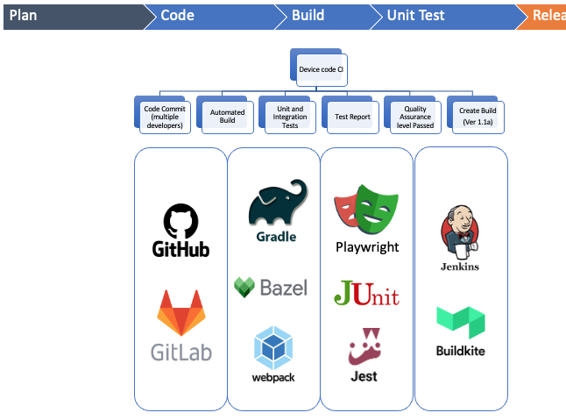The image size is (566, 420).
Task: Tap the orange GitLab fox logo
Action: pyautogui.click(x=180, y=312)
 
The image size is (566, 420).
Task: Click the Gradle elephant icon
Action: pyautogui.click(x=277, y=203)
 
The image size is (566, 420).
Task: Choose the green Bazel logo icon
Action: pyautogui.click(x=244, y=287)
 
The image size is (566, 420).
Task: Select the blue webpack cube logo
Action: pyautogui.click(x=272, y=347)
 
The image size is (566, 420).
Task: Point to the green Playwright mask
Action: pyautogui.click(x=375, y=208)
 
